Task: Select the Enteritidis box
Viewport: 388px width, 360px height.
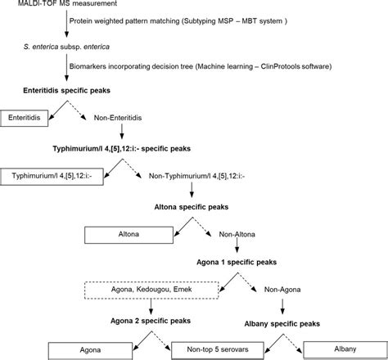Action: [27, 119]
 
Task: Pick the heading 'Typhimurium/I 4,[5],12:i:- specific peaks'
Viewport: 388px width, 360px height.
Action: [134, 150]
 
